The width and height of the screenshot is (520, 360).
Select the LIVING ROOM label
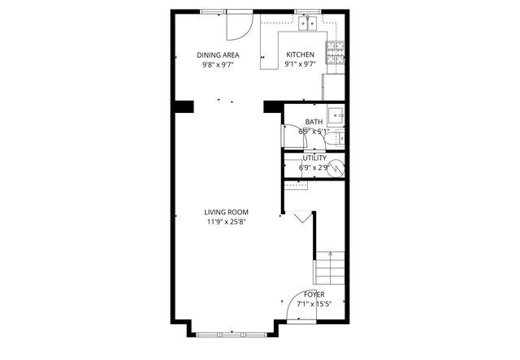point(227,212)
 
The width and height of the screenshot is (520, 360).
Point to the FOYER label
point(314,294)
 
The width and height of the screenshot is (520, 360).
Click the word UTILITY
point(314,158)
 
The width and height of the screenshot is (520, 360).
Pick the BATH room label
point(314,122)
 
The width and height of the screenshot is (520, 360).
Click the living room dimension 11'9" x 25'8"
point(227,221)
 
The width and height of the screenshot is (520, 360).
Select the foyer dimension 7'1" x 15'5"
point(314,303)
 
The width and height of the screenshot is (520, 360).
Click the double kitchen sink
point(307,24)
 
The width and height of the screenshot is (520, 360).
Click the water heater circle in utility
point(336,168)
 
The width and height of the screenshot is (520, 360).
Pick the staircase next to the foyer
point(329,267)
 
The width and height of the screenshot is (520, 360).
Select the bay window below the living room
point(232,333)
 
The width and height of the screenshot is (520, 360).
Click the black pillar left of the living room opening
point(182,106)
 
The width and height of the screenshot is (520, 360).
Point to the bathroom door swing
point(291,135)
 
